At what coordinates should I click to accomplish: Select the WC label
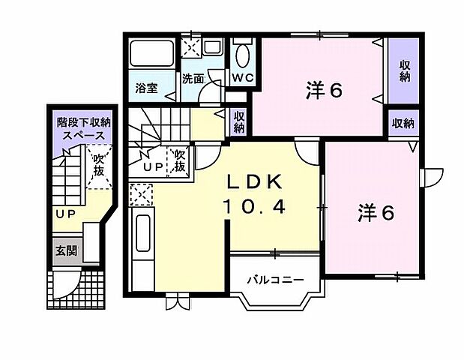[x=241, y=77]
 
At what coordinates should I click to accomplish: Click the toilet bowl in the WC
[x=241, y=55]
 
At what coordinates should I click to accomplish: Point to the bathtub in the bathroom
[x=151, y=54]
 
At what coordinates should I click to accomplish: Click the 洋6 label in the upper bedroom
[x=324, y=90]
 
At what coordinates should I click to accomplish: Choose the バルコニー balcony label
[x=275, y=280]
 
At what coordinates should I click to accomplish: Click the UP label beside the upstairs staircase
[x=153, y=166]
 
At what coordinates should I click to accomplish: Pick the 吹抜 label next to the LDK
[x=179, y=160]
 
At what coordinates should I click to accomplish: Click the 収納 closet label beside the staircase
[x=238, y=121]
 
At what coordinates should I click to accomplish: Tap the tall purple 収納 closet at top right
[x=405, y=71]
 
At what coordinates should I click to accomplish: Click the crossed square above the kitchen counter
[x=140, y=196]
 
